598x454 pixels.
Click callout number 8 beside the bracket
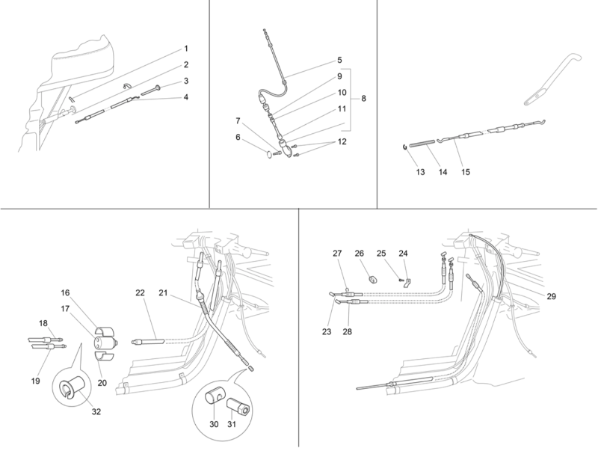click(364, 99)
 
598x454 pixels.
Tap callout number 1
click(185, 49)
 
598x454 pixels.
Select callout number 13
click(420, 171)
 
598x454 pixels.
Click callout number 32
click(96, 411)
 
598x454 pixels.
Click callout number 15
click(465, 171)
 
